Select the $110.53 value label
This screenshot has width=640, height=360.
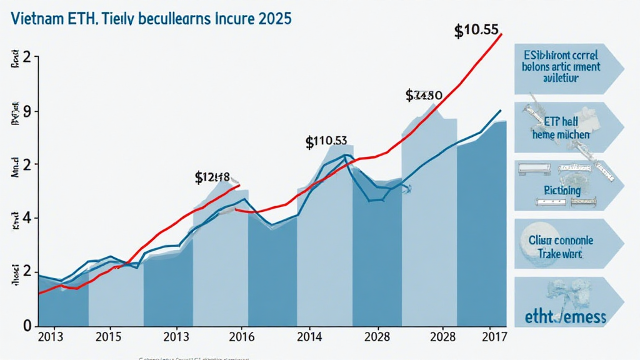click(x=326, y=142)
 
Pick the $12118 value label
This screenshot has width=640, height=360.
click(x=212, y=177)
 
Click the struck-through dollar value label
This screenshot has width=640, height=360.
click(x=424, y=96)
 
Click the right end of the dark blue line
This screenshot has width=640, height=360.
click(x=501, y=111)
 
